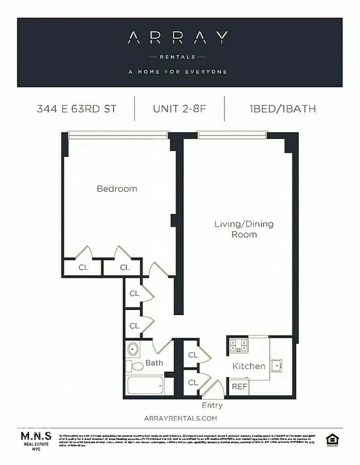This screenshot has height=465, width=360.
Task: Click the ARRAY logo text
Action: click(178, 39)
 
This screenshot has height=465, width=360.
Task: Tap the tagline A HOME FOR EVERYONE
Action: click(178, 72)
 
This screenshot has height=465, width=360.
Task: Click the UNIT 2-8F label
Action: click(179, 109)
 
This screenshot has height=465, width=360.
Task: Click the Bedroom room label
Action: click(117, 189)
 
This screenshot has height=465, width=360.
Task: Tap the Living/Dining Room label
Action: click(244, 229)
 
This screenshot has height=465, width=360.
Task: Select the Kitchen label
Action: click(249, 366)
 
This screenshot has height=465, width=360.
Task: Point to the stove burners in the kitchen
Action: click(238, 346)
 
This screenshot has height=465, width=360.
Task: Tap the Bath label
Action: click(154, 363)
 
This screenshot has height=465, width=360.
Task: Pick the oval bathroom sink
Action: click(133, 350)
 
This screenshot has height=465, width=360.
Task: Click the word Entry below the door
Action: click(212, 405)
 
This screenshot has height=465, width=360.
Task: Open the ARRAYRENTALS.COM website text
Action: click(180, 418)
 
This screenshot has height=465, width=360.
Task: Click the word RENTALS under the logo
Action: click(178, 56)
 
